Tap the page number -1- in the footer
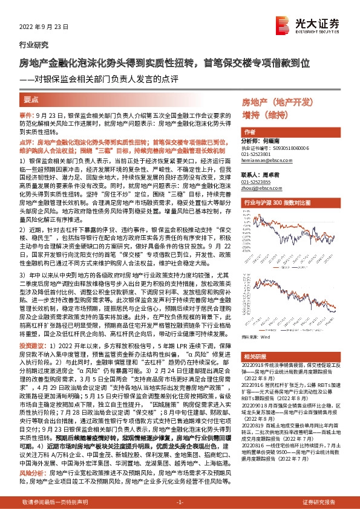click(180, 502)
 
